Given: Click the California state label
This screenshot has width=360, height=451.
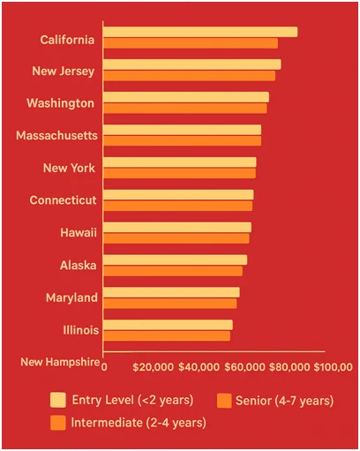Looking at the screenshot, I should [68, 39].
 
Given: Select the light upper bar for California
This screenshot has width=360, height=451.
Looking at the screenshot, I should [200, 32].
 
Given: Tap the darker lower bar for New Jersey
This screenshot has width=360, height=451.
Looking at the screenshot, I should [190, 76].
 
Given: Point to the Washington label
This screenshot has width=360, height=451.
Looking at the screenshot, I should [60, 103].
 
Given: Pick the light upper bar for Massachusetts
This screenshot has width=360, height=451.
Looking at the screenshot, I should [183, 130].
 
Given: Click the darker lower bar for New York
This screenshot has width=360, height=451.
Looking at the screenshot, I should [180, 173].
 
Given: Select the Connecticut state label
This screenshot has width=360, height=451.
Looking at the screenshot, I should [63, 200].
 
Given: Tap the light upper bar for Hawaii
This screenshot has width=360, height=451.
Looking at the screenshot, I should [177, 227].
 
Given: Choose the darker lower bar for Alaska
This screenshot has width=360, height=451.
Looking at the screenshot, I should [173, 271].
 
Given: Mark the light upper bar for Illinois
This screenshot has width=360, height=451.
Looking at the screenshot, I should [168, 325].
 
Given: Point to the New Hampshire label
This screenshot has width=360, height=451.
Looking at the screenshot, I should [60, 362].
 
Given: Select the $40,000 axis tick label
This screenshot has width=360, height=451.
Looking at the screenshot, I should [199, 366].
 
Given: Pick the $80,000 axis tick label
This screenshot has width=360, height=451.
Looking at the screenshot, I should [289, 366].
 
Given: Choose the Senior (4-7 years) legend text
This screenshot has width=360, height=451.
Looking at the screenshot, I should [284, 401].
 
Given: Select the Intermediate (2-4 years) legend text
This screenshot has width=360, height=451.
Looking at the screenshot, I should [139, 422].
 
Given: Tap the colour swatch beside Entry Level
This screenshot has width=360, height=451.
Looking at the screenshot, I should [59, 400].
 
